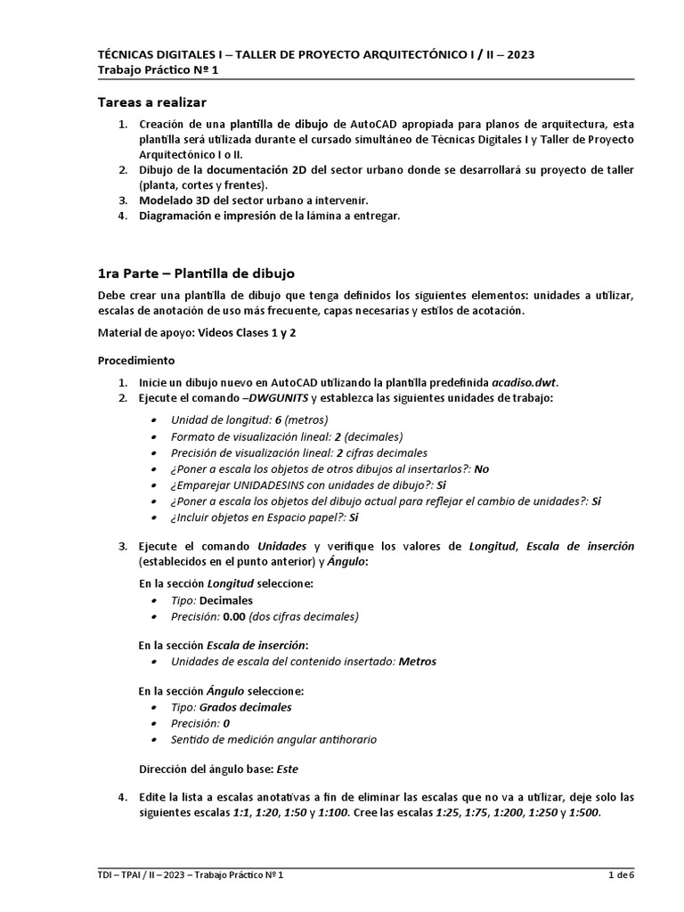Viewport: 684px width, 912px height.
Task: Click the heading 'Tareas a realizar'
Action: point(151,103)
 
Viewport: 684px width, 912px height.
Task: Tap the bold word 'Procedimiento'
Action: point(136,361)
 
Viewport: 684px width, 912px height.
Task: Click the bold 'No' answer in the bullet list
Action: point(482,468)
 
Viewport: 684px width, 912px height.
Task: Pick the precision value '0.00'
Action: point(236,615)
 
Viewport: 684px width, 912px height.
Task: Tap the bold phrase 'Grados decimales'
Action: point(245,707)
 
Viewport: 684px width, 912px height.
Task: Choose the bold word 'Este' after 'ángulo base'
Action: point(288,768)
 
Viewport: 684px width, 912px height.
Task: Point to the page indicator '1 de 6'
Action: point(621,875)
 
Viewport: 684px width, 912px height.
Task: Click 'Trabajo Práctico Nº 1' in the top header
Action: point(157,69)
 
